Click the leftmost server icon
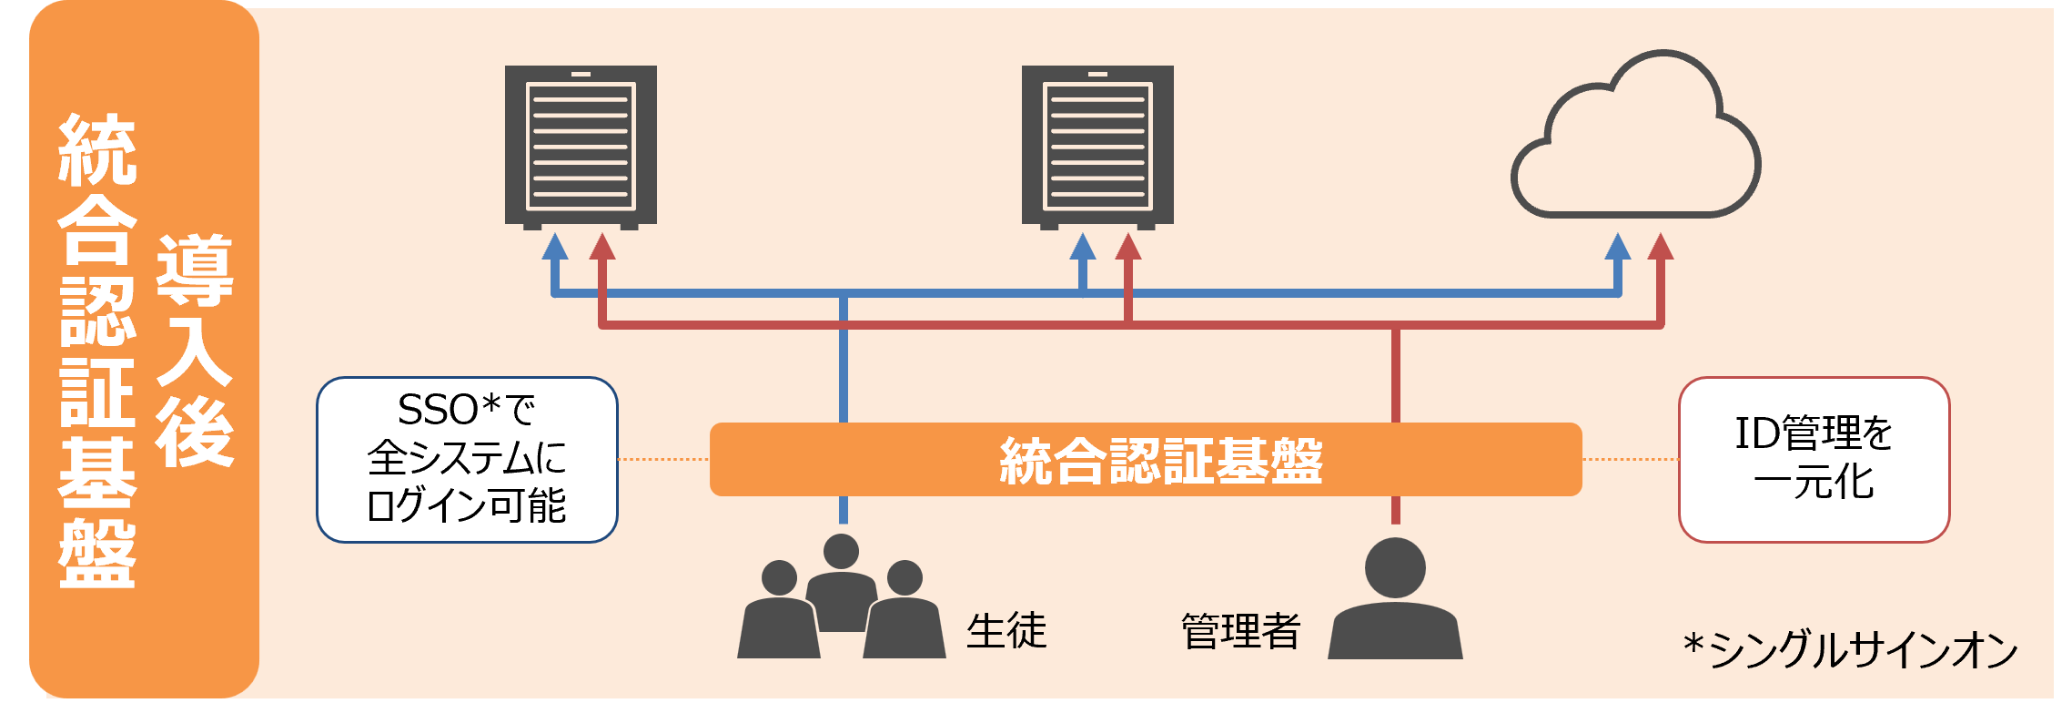coord(581,146)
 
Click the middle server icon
coord(1097,146)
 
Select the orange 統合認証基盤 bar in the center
coord(1145,460)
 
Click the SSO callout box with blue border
coord(467,460)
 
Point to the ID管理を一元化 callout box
coord(1814,460)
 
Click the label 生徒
coord(1006,631)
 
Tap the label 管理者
coord(1240,631)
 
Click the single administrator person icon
coord(1395,601)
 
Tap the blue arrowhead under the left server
coord(555,246)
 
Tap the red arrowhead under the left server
coord(602,246)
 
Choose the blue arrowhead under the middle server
coord(1082,246)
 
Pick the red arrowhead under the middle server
coord(1128,246)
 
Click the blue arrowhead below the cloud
coord(1617,246)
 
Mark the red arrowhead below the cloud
coord(1661,246)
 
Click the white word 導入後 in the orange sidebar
coord(194,351)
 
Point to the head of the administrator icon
coord(1395,567)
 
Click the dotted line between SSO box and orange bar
coord(663,459)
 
